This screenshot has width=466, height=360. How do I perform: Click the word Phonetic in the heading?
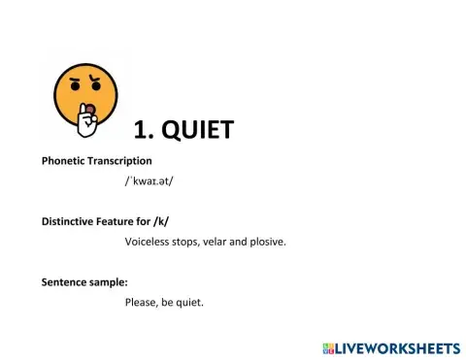coord(64,160)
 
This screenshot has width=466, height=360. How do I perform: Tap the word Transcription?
coord(120,160)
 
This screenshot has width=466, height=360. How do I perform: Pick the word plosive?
coord(266,241)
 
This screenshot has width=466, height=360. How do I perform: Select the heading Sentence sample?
coord(84,282)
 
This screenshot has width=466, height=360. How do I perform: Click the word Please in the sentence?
coord(141,303)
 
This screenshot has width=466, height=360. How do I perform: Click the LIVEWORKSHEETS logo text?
coord(397,347)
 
